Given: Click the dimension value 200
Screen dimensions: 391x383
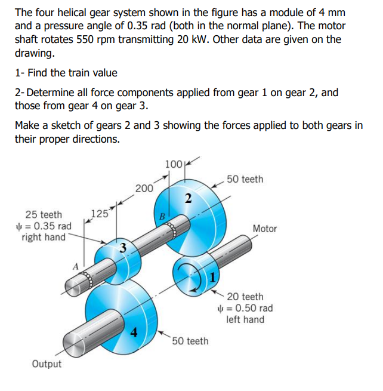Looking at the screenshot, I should click(144, 188).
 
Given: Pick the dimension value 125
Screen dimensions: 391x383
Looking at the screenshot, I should click(99, 214).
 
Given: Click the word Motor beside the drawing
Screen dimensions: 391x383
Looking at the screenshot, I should click(265, 229).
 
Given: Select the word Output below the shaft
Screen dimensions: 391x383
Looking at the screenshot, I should click(47, 364).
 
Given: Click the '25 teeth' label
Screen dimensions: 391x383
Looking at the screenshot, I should click(43, 215).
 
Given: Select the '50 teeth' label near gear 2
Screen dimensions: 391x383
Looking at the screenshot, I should click(245, 179).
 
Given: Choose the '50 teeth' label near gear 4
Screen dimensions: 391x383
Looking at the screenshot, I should click(190, 341).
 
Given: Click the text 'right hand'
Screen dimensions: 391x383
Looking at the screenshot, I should click(43, 238).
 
